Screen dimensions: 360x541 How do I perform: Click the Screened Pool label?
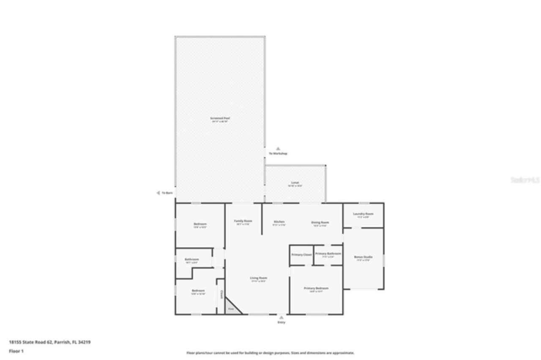(x=220, y=118)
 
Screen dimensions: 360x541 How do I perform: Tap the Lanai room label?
(x=295, y=183)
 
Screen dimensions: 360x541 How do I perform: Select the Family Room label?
(x=243, y=221)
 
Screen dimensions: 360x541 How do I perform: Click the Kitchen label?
(x=279, y=222)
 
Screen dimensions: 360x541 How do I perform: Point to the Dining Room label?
(x=320, y=222)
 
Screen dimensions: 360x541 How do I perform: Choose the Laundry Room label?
(x=363, y=214)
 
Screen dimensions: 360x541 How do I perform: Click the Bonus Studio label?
(x=363, y=257)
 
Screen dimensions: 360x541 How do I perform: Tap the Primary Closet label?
(x=301, y=255)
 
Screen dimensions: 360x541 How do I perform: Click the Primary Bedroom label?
(x=316, y=289)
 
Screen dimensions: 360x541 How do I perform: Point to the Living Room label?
(x=258, y=278)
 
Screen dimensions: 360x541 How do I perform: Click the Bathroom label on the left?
(x=191, y=259)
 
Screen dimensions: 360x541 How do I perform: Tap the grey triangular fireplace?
(x=231, y=308)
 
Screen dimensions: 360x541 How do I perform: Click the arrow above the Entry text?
(x=281, y=317)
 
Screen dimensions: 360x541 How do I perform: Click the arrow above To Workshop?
(x=278, y=148)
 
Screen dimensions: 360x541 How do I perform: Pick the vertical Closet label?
(x=221, y=295)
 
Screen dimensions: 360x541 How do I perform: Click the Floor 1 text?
(x=16, y=351)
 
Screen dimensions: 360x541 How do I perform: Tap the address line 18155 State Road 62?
(x=50, y=342)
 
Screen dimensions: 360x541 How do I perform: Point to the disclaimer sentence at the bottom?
(x=270, y=353)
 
